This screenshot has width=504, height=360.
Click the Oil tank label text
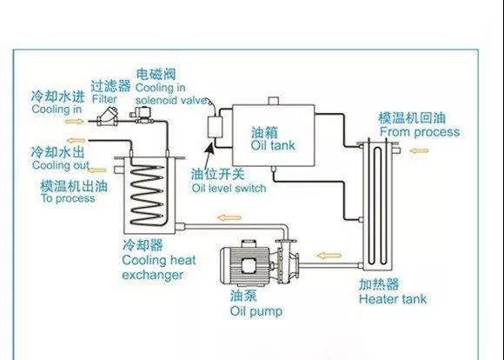[273, 145]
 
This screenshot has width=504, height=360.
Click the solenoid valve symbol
[142, 114]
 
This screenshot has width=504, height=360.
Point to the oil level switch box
[215, 127]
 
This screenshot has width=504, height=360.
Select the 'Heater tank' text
[393, 299]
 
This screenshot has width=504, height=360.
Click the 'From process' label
[420, 132]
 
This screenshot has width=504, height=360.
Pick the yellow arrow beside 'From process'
[419, 150]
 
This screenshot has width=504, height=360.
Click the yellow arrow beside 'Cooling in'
[75, 121]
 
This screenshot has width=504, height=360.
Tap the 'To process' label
[68, 198]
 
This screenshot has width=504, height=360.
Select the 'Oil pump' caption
[256, 311]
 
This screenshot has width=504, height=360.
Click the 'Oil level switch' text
[229, 188]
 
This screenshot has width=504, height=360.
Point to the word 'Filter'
[104, 99]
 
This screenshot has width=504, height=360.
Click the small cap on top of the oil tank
[273, 101]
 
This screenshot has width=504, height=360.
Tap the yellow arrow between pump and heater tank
[328, 256]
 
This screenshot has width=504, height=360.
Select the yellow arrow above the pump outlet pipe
[229, 217]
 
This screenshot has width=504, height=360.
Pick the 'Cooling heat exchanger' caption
[159, 267]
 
